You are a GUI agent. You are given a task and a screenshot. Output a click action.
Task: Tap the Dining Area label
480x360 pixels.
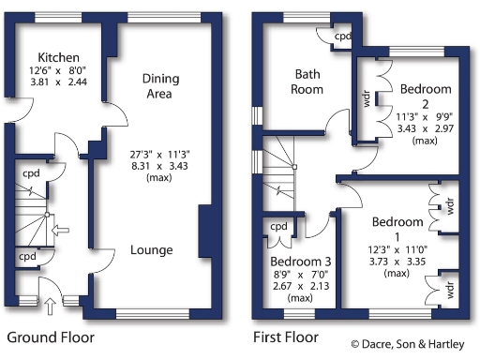coord(160,85)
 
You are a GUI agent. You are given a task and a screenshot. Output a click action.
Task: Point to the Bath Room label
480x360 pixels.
coord(308,82)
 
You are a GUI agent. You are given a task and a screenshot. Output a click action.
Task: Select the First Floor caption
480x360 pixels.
coord(286,336)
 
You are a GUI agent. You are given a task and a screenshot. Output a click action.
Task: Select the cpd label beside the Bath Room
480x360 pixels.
coord(343,37)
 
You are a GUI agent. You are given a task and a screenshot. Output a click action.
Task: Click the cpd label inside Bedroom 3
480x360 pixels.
coord(279,226)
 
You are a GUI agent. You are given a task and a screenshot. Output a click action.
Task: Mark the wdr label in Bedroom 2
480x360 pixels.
coord(367,97)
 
